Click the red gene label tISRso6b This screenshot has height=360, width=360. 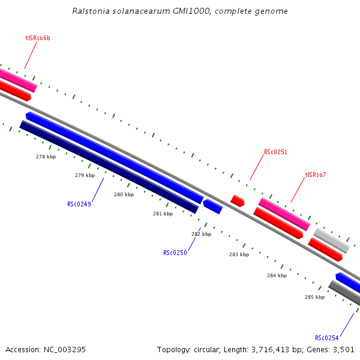point(38,38)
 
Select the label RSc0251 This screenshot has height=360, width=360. point(275,152)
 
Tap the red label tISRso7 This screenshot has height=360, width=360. point(316,175)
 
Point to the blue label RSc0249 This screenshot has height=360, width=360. point(79,204)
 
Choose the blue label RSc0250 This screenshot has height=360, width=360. point(175,253)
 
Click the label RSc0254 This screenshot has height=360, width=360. point(327,337)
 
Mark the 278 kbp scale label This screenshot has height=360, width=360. point(46,157)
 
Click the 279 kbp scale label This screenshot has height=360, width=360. point(85,176)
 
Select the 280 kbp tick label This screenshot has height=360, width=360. point(124,194)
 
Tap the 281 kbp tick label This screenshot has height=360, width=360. point(163,214)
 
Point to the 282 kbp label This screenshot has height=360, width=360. point(201,234)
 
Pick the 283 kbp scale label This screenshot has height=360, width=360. point(239,254)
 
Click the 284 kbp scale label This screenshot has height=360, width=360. point(277,275)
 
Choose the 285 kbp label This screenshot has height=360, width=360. point(314,297)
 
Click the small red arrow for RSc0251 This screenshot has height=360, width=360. point(238,200)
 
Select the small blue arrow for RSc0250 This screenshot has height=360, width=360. point(213,206)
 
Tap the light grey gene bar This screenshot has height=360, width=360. point(331,240)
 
